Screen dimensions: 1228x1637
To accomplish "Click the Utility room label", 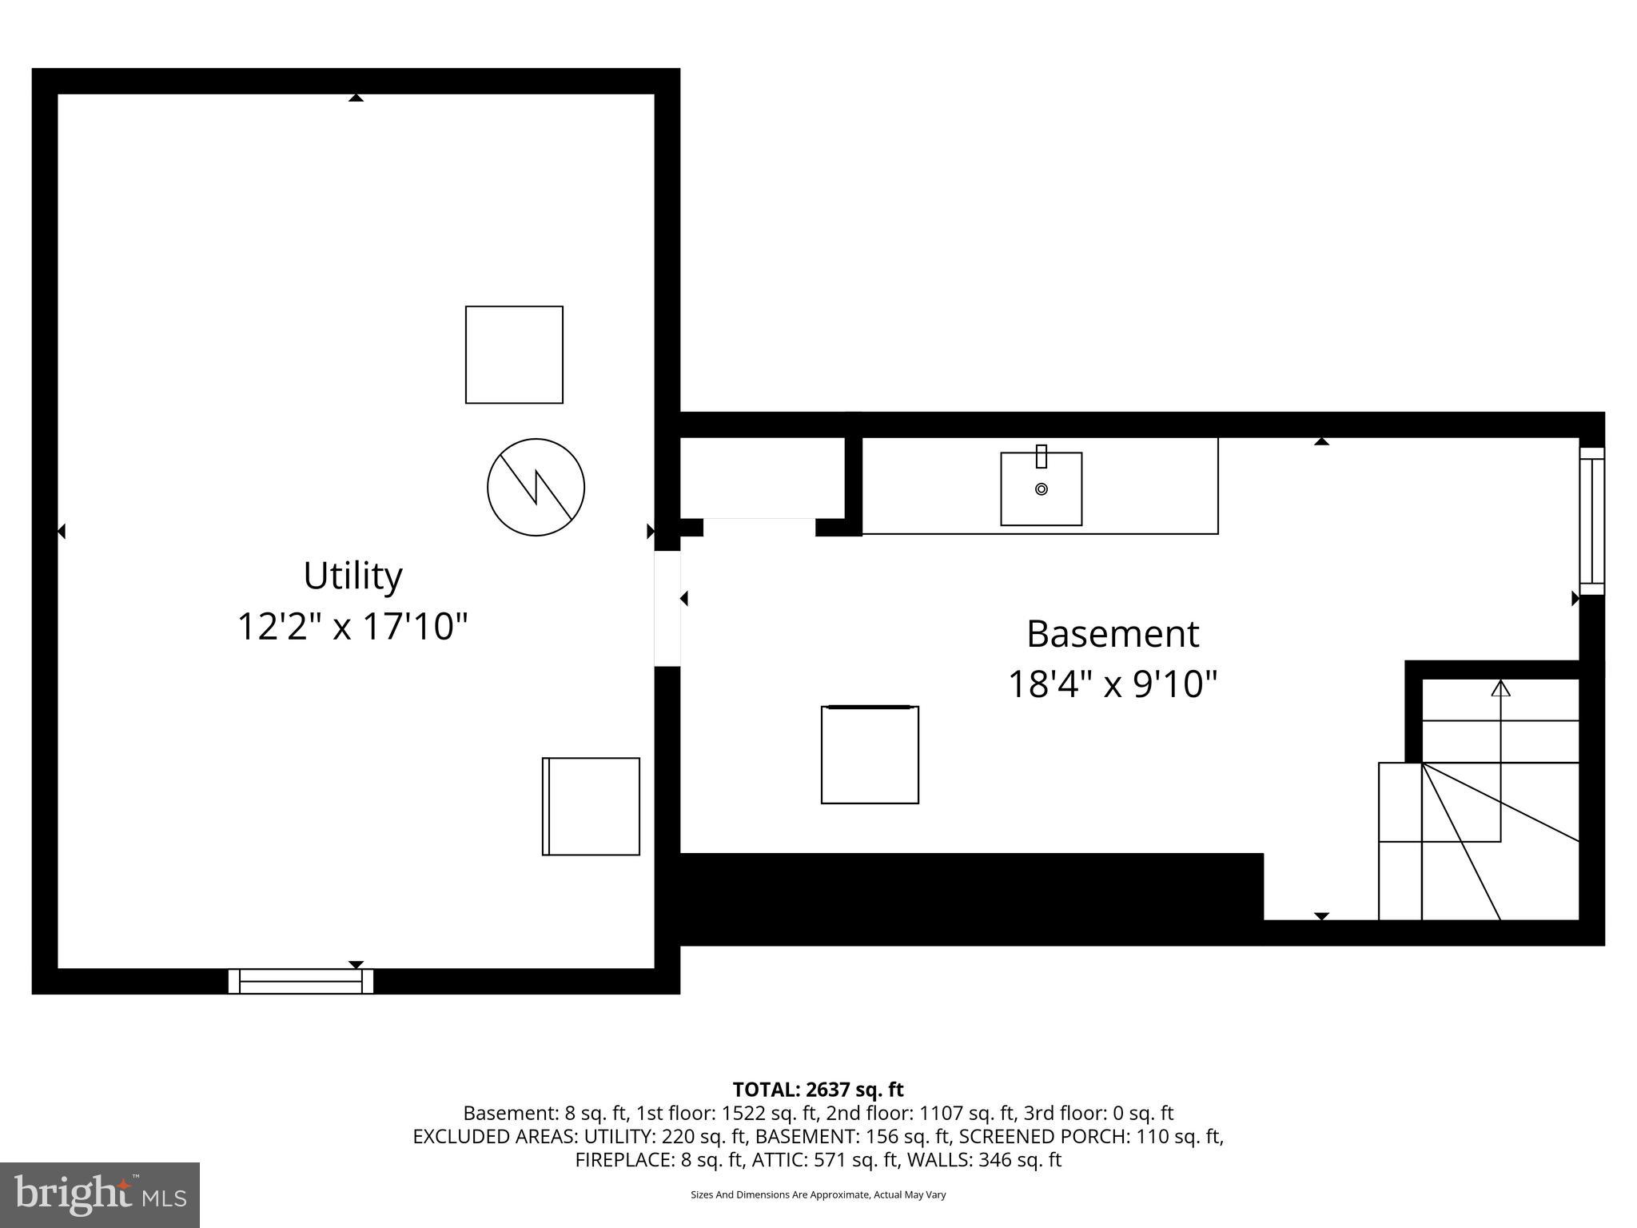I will [352, 576].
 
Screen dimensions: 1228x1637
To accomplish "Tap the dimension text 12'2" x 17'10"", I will [352, 626].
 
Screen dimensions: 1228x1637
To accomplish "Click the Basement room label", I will [1112, 635].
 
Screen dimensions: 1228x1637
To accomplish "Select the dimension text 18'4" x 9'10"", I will [1112, 684].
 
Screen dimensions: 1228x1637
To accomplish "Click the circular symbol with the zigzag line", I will [536, 487].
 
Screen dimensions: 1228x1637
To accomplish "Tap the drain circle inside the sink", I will [1041, 489].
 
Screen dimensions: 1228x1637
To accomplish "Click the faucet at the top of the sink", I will [1041, 457].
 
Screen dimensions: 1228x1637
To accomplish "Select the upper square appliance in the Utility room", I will [514, 354].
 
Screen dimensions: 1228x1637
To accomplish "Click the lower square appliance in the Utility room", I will [591, 806].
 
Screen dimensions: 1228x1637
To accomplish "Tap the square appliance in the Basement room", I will [870, 755].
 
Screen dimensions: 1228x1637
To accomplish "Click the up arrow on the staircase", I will [1500, 688].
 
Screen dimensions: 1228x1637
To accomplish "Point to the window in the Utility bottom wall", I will [301, 981].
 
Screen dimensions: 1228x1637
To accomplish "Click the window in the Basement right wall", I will [1591, 520].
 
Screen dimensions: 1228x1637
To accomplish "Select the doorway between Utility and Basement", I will [667, 608].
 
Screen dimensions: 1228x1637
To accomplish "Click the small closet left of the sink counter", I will [762, 477].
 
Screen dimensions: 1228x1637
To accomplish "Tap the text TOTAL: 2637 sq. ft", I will [818, 1090].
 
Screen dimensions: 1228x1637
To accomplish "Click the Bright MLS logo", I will [100, 1194].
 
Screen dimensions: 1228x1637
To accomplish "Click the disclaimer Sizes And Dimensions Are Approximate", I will [818, 1195].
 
